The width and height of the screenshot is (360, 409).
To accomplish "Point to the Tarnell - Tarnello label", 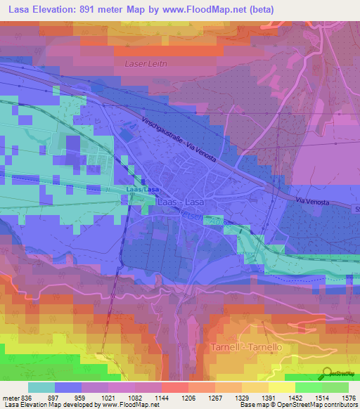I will coord(245,347).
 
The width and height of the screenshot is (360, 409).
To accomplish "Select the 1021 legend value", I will coord(108,397).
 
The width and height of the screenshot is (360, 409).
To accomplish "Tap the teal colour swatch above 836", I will coord(41,387).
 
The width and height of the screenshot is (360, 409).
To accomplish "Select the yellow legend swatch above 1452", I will coord(281,387).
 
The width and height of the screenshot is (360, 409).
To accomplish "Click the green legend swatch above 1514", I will coord(308,387).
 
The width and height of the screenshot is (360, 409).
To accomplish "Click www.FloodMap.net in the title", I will coord(215,9).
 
